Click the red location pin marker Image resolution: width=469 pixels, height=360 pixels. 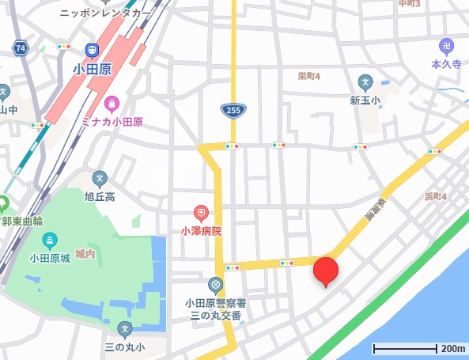coord(326,271)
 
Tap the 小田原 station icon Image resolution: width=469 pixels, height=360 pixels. coord(94,50)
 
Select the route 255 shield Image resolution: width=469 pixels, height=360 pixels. coord(233,109)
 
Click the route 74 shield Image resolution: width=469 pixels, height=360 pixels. coord(20,48)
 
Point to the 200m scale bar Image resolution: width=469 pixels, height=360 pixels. coord(405,348)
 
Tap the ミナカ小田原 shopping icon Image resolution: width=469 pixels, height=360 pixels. coord(112,103)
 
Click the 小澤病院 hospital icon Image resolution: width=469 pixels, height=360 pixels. coord(201,213)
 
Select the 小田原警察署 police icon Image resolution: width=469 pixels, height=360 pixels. coord(215,284)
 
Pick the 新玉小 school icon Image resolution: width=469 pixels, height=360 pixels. coord(365,81)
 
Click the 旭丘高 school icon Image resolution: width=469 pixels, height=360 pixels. coord(99,179)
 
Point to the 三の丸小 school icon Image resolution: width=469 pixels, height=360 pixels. coord(124,328)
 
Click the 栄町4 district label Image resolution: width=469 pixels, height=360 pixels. coord(308,77)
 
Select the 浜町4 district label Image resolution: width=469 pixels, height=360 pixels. coord(436,196)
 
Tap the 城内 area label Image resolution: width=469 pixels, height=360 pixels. coord(85,254)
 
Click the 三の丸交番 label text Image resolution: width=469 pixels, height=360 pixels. coord(215,316)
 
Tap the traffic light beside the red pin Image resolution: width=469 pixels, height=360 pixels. coord(286,263)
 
